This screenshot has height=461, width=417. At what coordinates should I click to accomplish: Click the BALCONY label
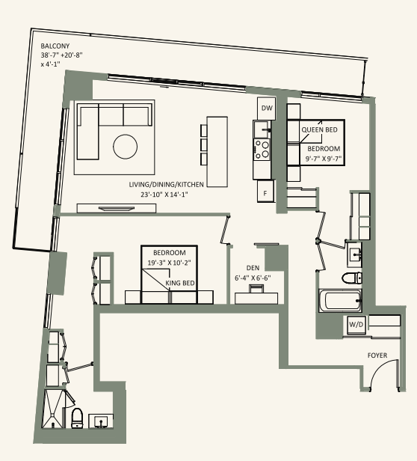55,46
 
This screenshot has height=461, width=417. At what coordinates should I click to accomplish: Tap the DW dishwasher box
267,109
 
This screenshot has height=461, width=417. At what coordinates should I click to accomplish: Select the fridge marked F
265,191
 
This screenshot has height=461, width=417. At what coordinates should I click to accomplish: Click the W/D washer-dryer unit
356,325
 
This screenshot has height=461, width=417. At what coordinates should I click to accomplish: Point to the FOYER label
377,355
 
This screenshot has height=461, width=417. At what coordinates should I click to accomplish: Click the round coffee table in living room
125,147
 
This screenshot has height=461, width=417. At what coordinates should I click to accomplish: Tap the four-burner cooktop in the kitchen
262,149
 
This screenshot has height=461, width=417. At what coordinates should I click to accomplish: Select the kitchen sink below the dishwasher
262,129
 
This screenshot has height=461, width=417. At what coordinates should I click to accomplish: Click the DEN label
253,268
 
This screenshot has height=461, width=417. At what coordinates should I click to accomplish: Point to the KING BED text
180,283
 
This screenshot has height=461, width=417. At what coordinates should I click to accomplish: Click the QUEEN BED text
320,129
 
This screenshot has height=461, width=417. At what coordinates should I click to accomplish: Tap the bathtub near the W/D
341,300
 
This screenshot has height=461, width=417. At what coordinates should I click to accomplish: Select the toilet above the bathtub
352,278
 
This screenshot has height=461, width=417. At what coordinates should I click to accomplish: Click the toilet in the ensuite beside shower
78,418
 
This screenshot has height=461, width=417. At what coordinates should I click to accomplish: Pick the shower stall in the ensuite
53,409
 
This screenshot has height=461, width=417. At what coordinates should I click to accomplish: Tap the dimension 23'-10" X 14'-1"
164,195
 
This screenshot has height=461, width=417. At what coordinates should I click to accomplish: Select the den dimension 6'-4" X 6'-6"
253,278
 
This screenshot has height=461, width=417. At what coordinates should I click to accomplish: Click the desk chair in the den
256,289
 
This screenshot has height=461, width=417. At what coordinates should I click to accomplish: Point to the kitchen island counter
217,152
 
